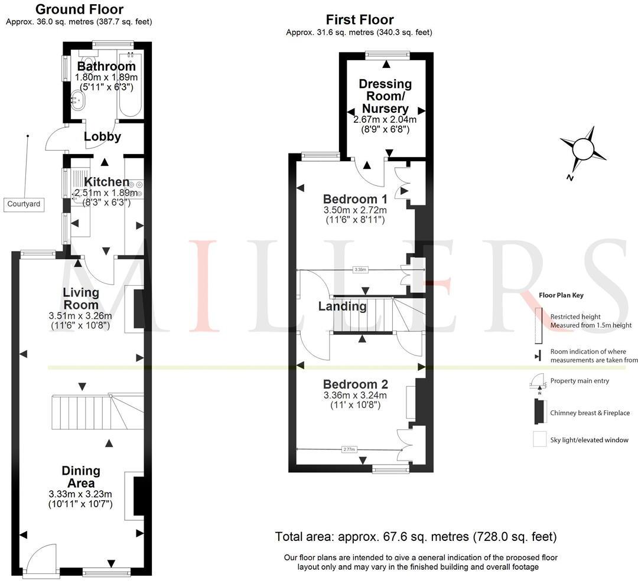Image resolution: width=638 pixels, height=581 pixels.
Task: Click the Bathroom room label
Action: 106,66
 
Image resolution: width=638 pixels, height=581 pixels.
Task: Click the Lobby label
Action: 102,136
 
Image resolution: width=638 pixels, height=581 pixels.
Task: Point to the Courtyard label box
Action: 24,204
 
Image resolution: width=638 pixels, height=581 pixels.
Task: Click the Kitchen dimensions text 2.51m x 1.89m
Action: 106,192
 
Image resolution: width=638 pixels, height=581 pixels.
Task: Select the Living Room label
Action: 81,298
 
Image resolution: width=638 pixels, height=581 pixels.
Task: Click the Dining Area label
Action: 81,477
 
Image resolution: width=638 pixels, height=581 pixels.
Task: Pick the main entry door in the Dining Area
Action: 41,558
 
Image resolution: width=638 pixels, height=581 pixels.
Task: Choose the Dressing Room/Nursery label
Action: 385,96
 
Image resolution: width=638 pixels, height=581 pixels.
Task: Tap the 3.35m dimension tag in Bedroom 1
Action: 360,270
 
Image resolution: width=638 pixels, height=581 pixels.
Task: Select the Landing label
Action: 342,306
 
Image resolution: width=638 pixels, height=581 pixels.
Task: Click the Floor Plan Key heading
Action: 561,295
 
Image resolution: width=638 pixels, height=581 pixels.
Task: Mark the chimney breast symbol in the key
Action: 538,412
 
